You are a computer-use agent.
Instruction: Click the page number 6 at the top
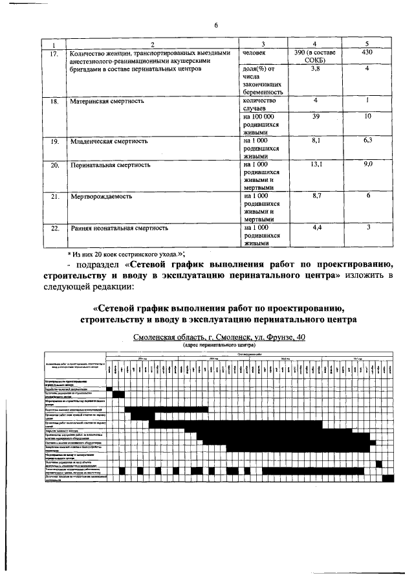coord(217,25)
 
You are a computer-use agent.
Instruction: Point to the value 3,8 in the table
coord(314,68)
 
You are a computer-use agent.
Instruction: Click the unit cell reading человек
coord(256,52)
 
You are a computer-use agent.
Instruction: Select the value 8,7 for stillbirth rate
coord(314,196)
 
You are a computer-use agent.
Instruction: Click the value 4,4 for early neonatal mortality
coord(314,227)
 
